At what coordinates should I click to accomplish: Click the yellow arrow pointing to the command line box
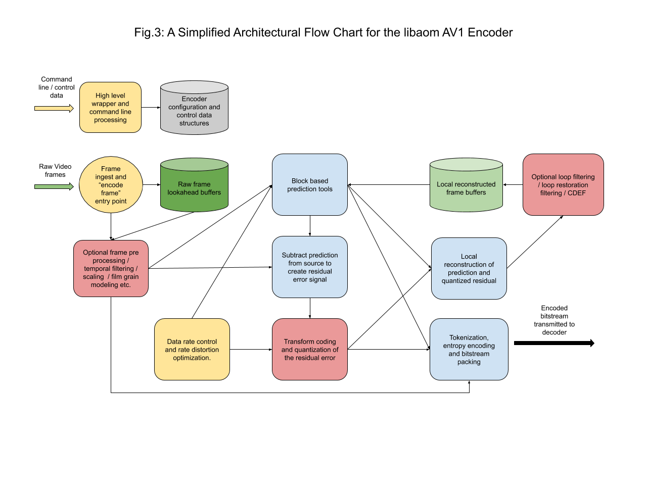(54, 108)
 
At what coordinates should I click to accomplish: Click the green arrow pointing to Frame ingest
(54, 186)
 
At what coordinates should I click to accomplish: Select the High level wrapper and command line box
(110, 108)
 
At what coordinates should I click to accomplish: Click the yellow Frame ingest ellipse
(111, 185)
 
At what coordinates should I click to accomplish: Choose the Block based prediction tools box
(310, 185)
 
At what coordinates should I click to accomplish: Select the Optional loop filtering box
(563, 185)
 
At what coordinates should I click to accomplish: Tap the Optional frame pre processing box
(111, 268)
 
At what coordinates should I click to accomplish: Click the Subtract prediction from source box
(310, 267)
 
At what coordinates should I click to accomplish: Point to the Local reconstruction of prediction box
(469, 268)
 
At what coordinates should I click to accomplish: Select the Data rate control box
(192, 349)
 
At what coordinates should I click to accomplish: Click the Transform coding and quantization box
(310, 349)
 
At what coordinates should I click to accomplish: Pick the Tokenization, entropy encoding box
(469, 349)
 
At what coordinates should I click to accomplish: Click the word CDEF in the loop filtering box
(577, 193)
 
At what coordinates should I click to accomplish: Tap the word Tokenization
(469, 337)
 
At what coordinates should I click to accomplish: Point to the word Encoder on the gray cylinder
(194, 99)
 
